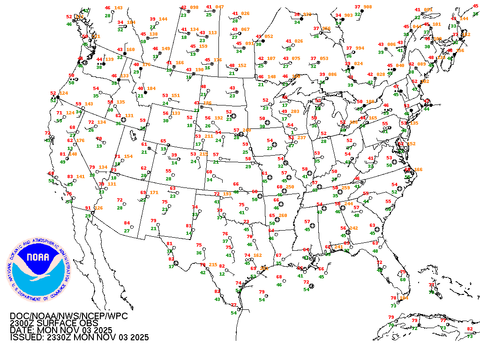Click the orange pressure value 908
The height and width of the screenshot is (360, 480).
(367, 7)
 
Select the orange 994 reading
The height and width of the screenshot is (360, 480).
(360, 48)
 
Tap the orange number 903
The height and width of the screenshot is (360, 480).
(348, 15)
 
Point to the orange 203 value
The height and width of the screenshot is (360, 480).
(295, 112)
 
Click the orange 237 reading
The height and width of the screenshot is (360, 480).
(301, 137)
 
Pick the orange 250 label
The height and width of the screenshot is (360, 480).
(290, 187)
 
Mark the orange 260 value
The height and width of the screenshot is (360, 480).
(282, 216)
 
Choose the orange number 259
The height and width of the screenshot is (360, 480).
(346, 188)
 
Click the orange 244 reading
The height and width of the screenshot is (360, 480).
(349, 204)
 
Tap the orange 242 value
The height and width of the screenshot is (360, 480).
(353, 228)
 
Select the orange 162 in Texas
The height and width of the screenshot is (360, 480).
(257, 255)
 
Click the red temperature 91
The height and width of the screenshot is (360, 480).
(88, 208)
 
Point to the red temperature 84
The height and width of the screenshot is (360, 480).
(127, 223)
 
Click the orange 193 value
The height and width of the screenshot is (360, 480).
(226, 194)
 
